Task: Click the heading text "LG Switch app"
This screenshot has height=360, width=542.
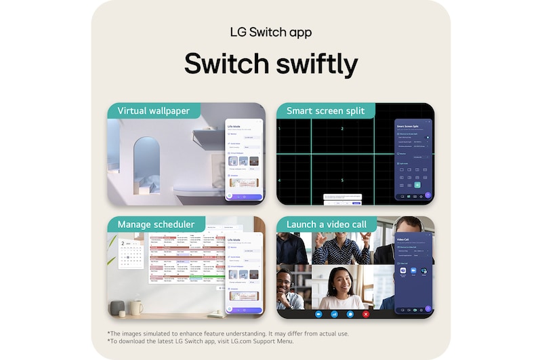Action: point(271,33)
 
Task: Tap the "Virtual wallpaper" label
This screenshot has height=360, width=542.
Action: point(153,111)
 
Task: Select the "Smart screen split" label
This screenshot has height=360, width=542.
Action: point(325,111)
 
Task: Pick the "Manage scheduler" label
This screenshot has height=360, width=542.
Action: point(156,224)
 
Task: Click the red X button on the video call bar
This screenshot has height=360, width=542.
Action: point(366,314)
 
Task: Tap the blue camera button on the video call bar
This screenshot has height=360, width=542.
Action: point(318,314)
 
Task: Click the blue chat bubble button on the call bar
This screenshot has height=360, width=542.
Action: point(350,314)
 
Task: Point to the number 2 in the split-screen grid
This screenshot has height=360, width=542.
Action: point(342,128)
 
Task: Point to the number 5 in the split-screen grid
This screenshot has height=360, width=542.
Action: point(342,180)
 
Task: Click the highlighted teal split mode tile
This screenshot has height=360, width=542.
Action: point(417,184)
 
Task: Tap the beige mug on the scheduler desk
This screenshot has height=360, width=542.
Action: point(136,308)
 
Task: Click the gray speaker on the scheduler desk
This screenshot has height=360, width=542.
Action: point(117,308)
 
